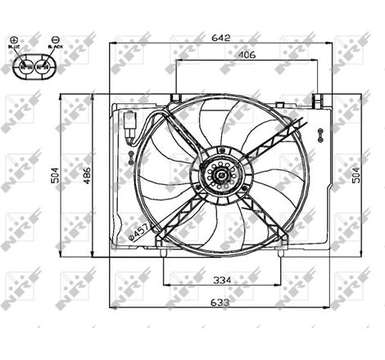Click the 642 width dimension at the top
pos(217,36)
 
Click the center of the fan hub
pos(218,173)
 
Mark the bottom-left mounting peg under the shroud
pos(165,253)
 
